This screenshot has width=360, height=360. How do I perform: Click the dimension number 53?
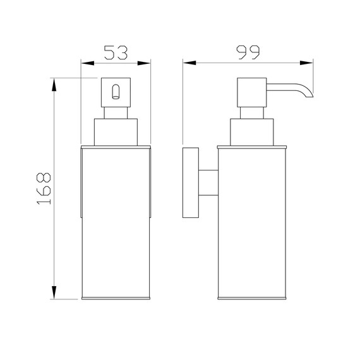116,52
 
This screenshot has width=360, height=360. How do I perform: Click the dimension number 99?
248,52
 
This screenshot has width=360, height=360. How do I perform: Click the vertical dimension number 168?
44,188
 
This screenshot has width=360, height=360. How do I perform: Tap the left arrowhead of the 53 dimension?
88,63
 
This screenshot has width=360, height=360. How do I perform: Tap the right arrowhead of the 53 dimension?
144,63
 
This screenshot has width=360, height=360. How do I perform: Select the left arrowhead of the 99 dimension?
189,63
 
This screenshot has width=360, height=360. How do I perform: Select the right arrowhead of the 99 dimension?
306,63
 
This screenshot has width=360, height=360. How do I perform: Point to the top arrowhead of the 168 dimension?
54,85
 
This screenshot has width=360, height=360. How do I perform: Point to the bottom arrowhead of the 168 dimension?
54,292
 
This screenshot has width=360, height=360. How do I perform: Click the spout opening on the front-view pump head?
116,92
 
